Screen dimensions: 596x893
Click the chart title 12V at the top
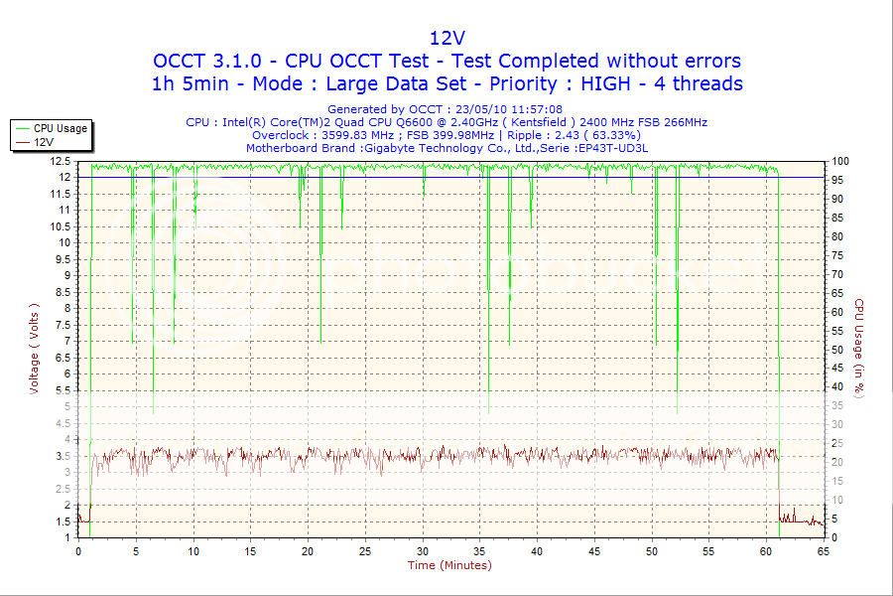(446, 38)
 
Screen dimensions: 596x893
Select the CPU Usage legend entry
(60, 128)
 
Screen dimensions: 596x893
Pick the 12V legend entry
(44, 142)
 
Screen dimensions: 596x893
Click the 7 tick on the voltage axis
(66, 341)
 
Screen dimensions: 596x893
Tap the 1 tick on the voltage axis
(66, 537)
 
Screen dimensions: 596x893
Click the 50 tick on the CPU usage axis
(838, 350)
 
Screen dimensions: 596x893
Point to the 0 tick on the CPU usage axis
(835, 537)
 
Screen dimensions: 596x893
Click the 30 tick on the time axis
(423, 550)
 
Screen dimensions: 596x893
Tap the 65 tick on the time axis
(823, 550)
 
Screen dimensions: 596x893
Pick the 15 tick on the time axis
(251, 550)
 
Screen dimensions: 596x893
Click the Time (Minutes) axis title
(449, 565)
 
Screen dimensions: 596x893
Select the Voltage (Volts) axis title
(34, 349)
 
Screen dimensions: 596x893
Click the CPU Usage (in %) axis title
(860, 349)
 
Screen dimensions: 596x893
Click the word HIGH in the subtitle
(612, 83)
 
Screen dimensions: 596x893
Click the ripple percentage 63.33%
(615, 135)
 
